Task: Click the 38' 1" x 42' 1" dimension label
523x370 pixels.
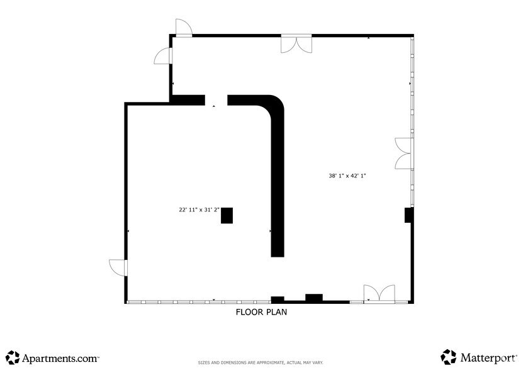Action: pos(347,176)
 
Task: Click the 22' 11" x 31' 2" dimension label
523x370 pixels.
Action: pos(198,210)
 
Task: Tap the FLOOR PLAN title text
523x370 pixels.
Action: pos(262,311)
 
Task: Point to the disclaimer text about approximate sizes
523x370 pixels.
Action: pos(261,363)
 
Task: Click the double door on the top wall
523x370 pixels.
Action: pos(296,43)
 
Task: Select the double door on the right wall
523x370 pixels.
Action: pos(403,153)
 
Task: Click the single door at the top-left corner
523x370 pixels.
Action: pos(183,28)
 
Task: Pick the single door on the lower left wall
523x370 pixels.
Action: pos(118,267)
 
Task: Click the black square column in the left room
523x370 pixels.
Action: pos(227,215)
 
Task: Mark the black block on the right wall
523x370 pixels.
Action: pos(408,215)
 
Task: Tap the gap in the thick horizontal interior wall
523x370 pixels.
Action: pos(216,99)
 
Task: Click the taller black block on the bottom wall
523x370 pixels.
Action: pos(313,298)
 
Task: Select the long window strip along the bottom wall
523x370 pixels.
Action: pos(198,302)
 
